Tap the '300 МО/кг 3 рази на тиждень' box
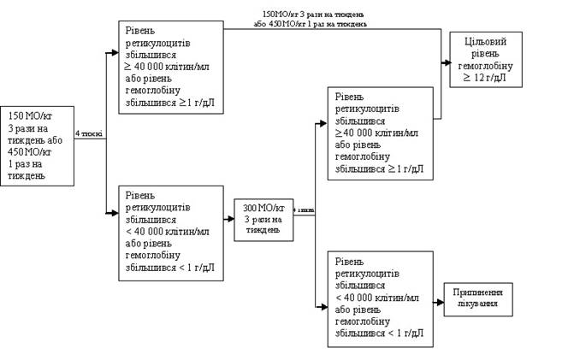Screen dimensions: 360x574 coord(263,221)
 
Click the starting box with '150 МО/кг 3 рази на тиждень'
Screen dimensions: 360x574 coord(38,145)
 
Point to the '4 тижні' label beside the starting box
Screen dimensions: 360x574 coord(89,133)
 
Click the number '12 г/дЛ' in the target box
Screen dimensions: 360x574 coord(492,76)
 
